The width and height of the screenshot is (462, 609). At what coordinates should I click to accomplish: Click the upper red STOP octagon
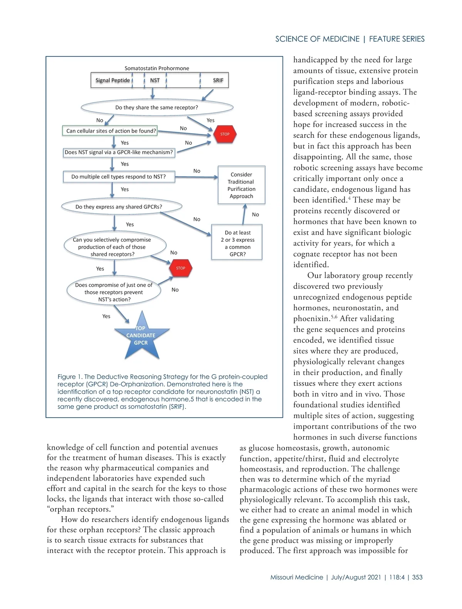pos(225,134)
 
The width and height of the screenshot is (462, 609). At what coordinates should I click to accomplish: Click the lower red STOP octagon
pos(181,268)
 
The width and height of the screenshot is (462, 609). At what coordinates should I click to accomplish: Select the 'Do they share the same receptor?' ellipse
pos(157,107)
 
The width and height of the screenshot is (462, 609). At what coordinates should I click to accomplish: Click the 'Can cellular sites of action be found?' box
pos(111,131)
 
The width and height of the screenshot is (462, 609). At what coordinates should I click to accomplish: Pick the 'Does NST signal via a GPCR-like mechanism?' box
pos(119,152)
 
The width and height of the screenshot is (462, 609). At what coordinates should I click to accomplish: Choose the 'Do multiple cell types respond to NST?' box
pos(119,177)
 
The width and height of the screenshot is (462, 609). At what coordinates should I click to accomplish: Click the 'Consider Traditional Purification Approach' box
pos(241,185)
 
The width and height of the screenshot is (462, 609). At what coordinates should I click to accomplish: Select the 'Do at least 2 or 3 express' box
pos(237,243)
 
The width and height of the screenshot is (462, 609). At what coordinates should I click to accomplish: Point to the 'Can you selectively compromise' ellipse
pos(114,247)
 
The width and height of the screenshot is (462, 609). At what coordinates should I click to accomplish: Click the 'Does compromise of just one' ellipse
pos(114,292)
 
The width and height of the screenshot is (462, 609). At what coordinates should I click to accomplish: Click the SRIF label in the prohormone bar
pos(218,80)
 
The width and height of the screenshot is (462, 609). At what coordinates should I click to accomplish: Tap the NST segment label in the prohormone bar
pos(155,80)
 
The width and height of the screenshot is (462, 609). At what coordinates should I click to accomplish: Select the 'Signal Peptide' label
pos(112,80)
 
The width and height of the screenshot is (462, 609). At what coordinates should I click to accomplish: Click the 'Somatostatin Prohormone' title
pos(157,69)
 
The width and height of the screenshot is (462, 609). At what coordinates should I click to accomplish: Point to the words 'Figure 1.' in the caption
pos(70,376)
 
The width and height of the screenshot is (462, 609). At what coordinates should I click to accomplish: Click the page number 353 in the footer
pos(417,577)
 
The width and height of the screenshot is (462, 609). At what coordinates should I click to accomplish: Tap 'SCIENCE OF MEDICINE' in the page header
pos(317,39)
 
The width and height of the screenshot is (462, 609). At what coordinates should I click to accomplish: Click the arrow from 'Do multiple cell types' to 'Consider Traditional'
pos(196,177)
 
